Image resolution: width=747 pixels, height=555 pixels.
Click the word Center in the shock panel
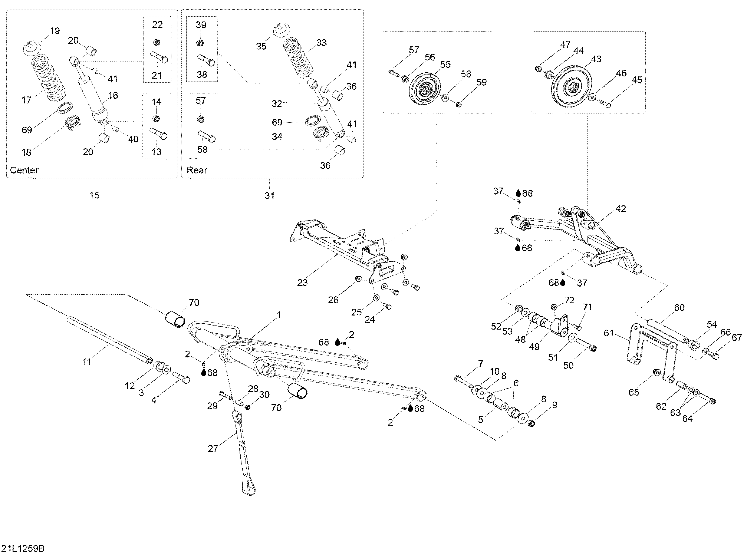(24, 170)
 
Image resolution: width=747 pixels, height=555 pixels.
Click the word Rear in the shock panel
(197, 170)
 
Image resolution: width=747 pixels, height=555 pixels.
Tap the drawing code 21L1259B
(23, 549)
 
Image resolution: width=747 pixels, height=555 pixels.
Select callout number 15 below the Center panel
(94, 195)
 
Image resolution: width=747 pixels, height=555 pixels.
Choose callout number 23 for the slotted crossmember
(302, 283)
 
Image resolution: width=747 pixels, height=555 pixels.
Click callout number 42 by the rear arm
(621, 209)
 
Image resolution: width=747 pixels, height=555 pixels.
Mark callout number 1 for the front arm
(279, 315)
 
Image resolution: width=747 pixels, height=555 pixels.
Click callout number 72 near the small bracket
(569, 300)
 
